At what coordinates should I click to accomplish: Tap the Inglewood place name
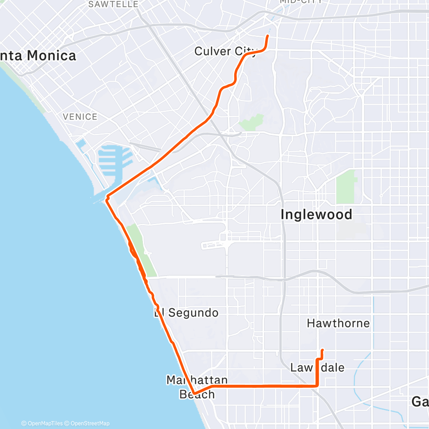(316, 214)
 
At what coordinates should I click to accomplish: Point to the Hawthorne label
(338, 323)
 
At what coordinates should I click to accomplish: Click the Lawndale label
(317, 368)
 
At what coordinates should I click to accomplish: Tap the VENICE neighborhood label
(80, 117)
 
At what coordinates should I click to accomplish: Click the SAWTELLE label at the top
(113, 4)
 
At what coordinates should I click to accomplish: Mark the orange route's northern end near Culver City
(268, 36)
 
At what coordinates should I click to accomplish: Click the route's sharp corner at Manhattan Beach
(194, 393)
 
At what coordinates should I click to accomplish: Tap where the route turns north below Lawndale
(317, 386)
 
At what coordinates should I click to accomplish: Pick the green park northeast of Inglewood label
(346, 185)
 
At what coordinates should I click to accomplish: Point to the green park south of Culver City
(251, 123)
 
